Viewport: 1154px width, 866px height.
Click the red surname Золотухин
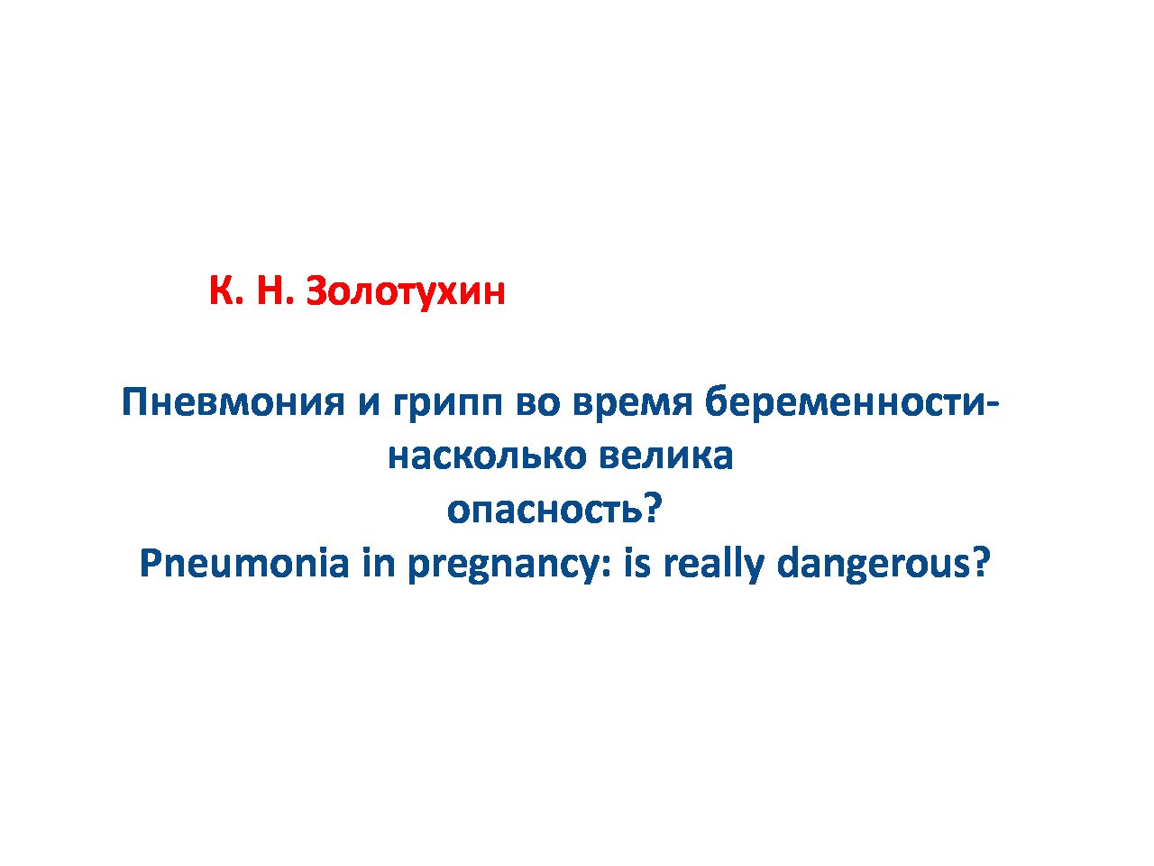pos(406,290)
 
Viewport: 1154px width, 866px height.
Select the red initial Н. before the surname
pos(274,290)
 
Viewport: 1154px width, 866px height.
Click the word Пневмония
pos(234,402)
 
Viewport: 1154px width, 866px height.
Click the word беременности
pos(842,402)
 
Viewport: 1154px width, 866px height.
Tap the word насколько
pos(488,456)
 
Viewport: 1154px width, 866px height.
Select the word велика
pos(666,456)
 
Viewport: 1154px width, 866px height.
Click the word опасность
pos(545,510)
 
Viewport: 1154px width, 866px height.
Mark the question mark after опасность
pos(652,509)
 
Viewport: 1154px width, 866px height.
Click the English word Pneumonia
pos(244,563)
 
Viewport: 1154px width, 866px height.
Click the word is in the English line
pos(637,562)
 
